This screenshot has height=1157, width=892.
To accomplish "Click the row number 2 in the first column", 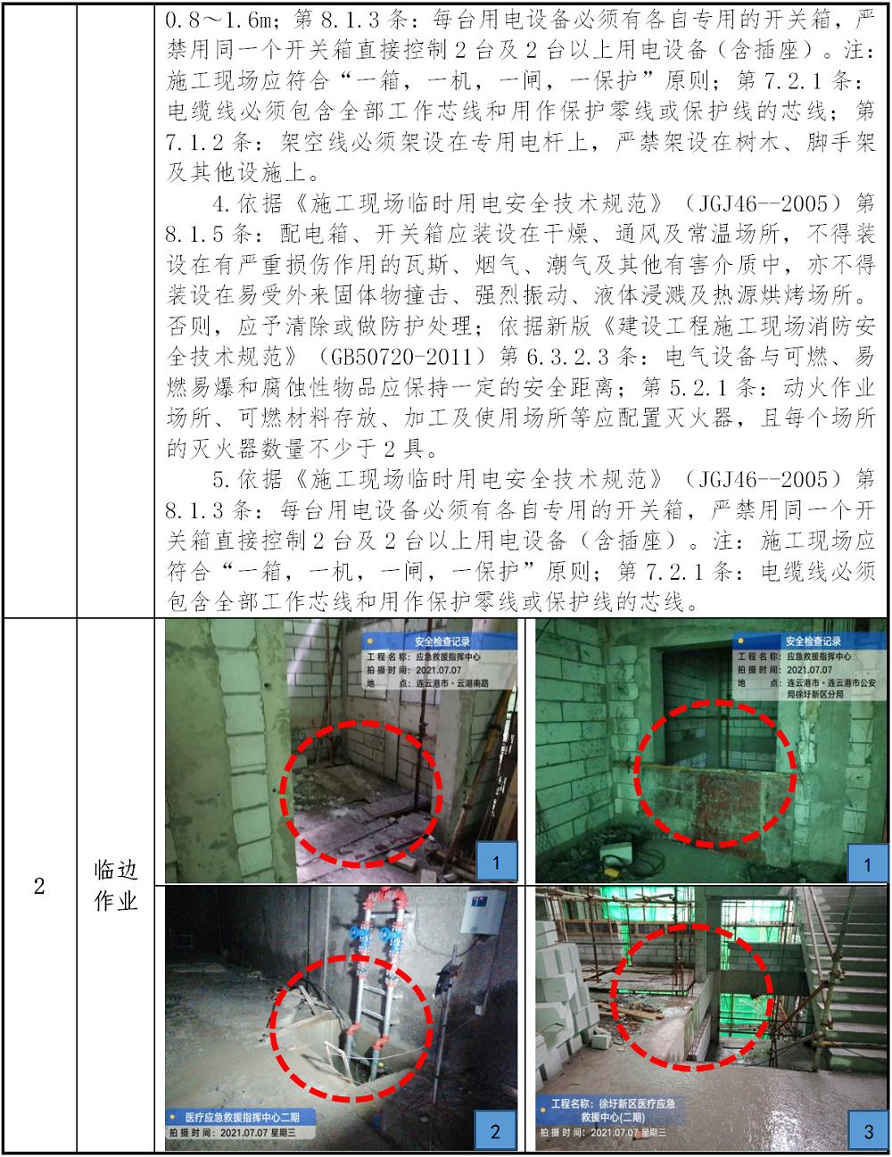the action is click(39, 887).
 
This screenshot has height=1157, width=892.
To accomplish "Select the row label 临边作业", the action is click(115, 886).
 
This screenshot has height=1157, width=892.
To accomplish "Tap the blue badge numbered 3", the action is click(869, 1131).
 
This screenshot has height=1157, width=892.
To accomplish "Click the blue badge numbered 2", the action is click(495, 1131).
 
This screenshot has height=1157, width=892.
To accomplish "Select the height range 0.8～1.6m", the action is click(219, 20).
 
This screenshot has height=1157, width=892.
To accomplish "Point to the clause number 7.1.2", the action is click(194, 142).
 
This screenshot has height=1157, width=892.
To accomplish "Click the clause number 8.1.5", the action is click(194, 234).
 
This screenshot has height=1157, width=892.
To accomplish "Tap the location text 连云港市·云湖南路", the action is click(452, 683).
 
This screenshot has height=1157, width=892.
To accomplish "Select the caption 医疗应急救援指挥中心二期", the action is click(242, 1118).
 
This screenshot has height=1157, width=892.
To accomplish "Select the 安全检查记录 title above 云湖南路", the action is click(442, 642).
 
